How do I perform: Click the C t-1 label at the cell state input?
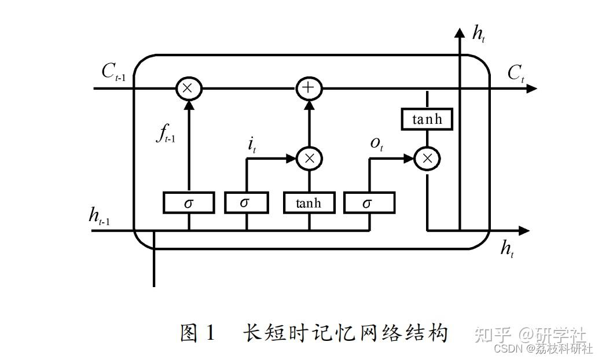click(x=113, y=72)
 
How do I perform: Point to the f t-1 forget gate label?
click(x=165, y=134)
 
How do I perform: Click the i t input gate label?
click(x=252, y=144)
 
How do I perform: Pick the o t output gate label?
click(x=377, y=144)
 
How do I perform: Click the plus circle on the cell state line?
click(x=309, y=88)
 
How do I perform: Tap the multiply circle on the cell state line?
click(x=188, y=88)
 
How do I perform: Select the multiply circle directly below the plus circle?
click(x=309, y=158)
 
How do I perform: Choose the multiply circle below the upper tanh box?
click(x=427, y=158)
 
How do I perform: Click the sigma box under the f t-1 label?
click(x=189, y=203)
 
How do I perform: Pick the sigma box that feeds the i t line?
click(x=246, y=203)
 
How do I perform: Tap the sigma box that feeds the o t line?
click(x=369, y=203)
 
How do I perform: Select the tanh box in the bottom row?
click(x=309, y=203)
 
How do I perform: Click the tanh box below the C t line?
click(x=427, y=119)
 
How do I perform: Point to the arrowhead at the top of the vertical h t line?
click(x=460, y=32)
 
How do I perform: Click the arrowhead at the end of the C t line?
click(x=532, y=88)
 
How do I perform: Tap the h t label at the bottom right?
click(x=508, y=249)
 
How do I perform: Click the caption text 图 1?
click(x=197, y=333)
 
